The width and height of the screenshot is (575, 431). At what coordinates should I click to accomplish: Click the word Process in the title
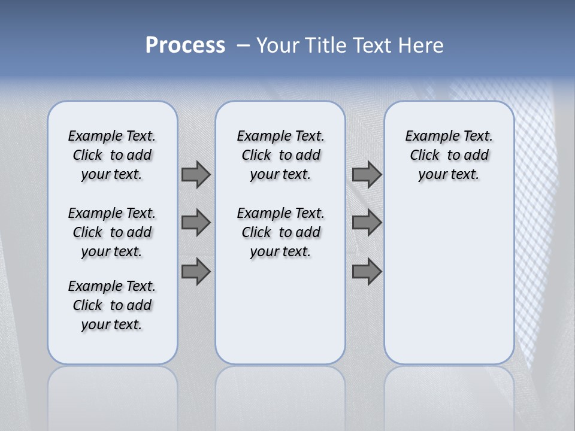[185, 45]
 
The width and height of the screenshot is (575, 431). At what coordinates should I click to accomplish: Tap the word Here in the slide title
[422, 45]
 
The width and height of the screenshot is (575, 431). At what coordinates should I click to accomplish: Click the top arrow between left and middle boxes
[196, 174]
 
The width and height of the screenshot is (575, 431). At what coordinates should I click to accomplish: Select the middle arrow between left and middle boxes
[196, 223]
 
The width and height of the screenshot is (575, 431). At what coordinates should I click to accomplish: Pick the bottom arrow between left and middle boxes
[196, 271]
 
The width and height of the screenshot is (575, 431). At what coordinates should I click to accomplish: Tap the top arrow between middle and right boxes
[367, 174]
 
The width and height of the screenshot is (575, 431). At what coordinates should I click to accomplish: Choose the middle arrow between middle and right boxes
[367, 223]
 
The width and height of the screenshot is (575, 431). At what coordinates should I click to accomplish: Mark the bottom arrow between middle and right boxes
[367, 271]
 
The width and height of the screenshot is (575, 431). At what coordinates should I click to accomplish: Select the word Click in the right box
[425, 155]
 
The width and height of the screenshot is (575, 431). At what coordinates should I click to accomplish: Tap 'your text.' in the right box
[449, 174]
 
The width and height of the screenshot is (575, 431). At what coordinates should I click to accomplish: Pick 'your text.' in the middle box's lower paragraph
[280, 251]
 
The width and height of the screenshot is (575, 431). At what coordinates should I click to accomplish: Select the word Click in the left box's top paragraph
[87, 155]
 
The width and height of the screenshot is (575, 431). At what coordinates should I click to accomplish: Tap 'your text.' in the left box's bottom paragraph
[111, 324]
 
